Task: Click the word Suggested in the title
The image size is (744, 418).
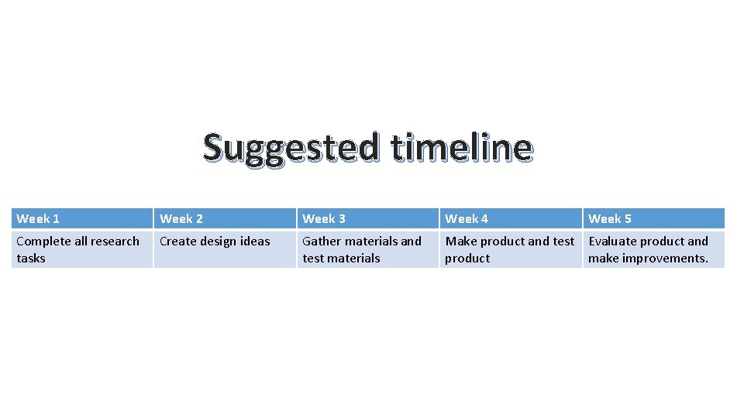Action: point(291,148)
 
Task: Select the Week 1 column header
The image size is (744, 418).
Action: point(82,218)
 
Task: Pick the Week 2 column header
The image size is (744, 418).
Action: point(225,218)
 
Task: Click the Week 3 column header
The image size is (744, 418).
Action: point(367,218)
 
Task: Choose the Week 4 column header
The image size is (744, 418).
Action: point(510,218)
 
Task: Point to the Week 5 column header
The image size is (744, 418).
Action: point(653,218)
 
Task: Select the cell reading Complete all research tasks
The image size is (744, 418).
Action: point(82,249)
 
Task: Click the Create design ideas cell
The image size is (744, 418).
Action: point(225,249)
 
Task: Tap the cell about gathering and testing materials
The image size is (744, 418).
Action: point(367,249)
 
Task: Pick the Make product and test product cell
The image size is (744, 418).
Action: point(510,249)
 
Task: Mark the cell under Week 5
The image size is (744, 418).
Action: point(653,249)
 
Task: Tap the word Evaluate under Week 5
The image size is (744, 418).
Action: point(612,242)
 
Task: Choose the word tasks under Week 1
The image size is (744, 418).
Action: point(31,259)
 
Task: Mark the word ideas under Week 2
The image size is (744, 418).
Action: point(257,242)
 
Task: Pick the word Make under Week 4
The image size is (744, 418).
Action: point(460,242)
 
